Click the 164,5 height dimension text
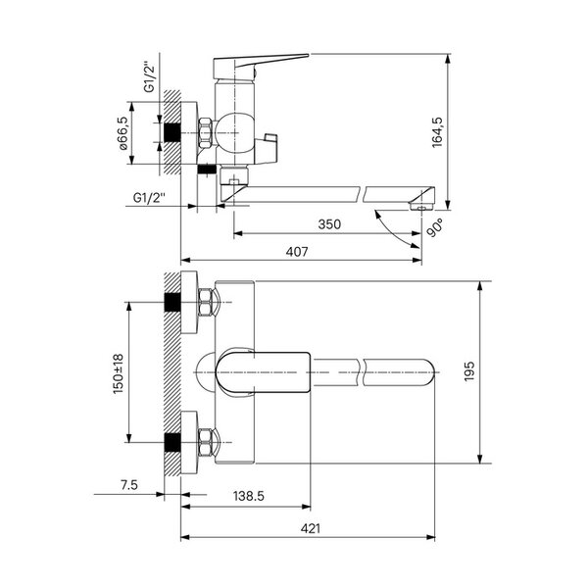click(x=438, y=132)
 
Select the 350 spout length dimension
click(x=329, y=224)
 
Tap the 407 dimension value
click(x=297, y=252)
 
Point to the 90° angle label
click(x=434, y=228)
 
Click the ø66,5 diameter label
click(x=123, y=133)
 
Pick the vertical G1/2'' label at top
click(x=149, y=76)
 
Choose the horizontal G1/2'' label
click(x=149, y=197)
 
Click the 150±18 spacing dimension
click(x=119, y=373)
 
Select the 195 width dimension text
click(x=469, y=371)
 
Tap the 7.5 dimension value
click(x=129, y=485)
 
